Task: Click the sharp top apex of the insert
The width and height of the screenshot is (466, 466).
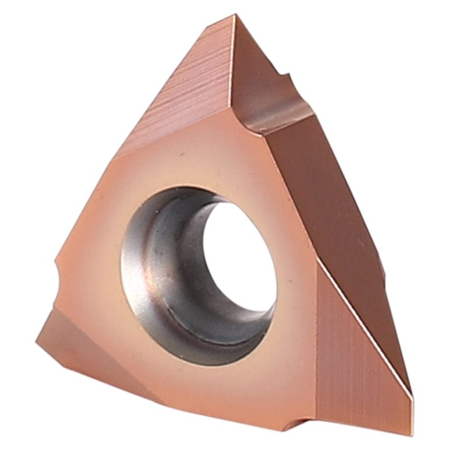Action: tap(234, 17)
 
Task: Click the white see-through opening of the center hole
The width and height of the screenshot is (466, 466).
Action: tap(242, 251)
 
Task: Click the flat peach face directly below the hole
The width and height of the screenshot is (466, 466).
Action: tap(221, 384)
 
